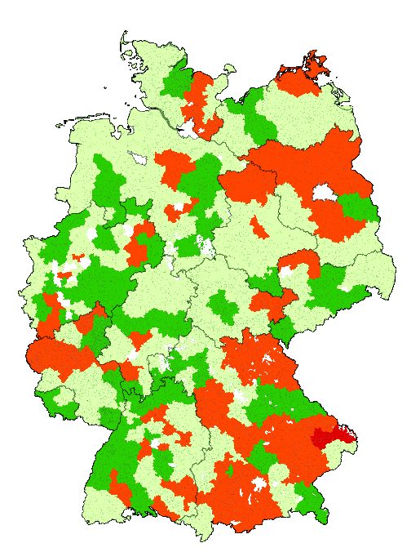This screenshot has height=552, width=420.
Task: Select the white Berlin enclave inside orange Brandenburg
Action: pyautogui.click(x=325, y=193)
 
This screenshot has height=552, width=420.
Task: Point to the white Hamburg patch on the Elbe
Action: pyautogui.click(x=192, y=130)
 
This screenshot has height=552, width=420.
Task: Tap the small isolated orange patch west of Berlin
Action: pyautogui.click(x=257, y=226)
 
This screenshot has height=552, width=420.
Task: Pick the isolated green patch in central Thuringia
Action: pyautogui.click(x=223, y=307)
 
